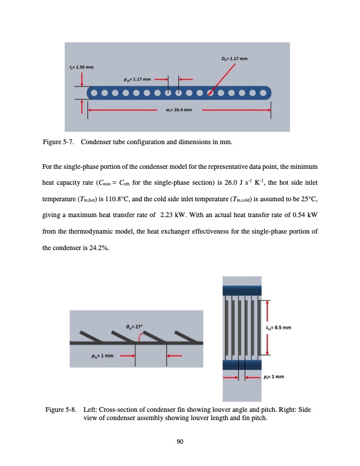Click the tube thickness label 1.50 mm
81,68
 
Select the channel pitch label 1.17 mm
138,78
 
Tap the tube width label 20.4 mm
180,109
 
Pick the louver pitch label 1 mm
102,355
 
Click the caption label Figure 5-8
62,410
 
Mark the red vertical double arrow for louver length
268,328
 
